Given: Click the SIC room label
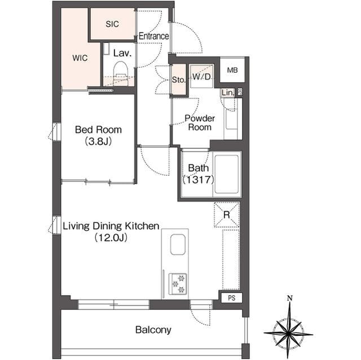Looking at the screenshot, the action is tap(112, 24).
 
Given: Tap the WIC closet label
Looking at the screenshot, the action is tap(80, 57).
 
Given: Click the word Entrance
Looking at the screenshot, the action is tap(153, 36).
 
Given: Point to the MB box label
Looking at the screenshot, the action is tap(232, 70).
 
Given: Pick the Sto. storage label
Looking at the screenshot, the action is tap(178, 80).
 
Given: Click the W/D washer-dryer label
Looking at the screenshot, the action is tap(202, 77).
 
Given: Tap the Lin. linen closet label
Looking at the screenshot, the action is tap(228, 92).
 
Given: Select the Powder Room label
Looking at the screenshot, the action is tap(200, 123).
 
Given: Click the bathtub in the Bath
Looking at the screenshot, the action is tap(227, 174).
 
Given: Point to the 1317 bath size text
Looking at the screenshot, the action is tap(198, 180).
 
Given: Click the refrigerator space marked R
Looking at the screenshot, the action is tap(227, 215).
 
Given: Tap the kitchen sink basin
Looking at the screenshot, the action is tap(178, 245).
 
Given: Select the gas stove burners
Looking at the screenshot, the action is tap(178, 284).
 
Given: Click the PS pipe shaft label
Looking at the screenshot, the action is tap(232, 298).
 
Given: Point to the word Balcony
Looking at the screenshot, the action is tap(153, 330).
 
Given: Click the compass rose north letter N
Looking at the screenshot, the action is tap(290, 299).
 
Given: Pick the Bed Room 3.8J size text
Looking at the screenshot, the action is tap(98, 141).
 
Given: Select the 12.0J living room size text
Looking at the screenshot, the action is tap(111, 238).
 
